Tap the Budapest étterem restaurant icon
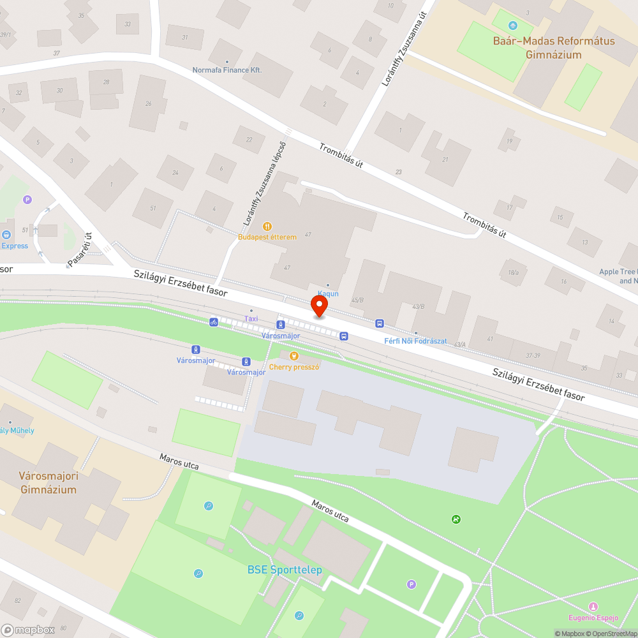[267, 226]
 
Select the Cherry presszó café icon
[293, 356]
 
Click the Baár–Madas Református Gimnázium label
[554, 48]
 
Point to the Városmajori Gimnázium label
[48, 482]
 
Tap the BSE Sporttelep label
[285, 570]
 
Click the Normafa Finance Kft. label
[227, 70]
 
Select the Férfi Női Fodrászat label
[415, 341]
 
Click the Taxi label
[251, 318]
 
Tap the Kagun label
[328, 293]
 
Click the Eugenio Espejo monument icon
[594, 606]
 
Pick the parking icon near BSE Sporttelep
[412, 584]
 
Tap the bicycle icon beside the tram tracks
[214, 322]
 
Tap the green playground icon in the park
[456, 519]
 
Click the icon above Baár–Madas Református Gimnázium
[513, 26]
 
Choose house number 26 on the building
[148, 104]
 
